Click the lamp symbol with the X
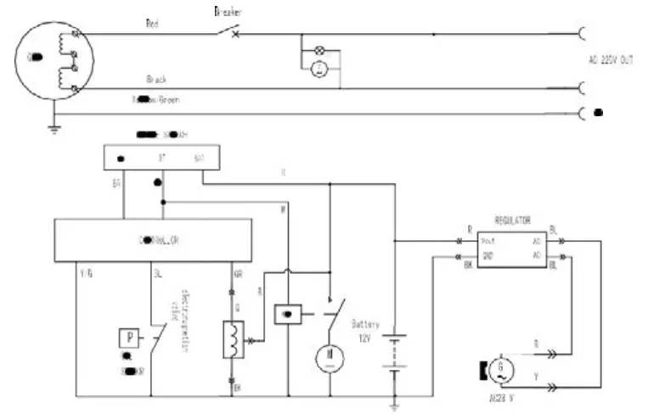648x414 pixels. point(320,52)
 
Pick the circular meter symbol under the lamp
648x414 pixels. point(318,70)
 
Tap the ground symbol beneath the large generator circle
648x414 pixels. point(54,128)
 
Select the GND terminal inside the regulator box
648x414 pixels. point(488,255)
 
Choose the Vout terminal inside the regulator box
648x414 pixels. point(489,240)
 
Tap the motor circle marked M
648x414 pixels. point(329,358)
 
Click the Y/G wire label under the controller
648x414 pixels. point(85,274)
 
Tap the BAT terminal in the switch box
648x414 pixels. point(199,158)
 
